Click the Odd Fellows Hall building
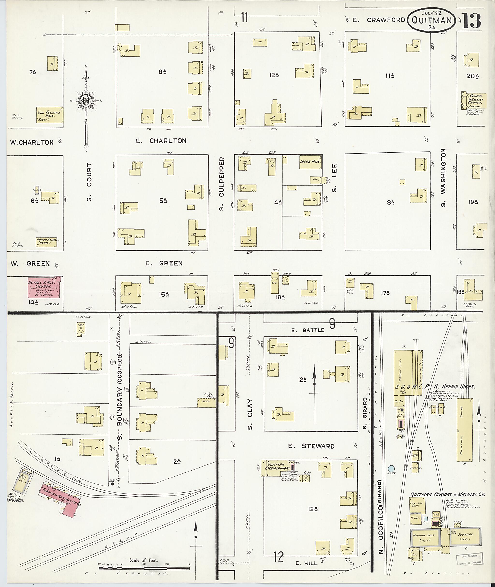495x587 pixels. pyautogui.click(x=49, y=115)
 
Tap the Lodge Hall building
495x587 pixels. pyautogui.click(x=310, y=162)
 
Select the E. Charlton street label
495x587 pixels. pyautogui.click(x=161, y=141)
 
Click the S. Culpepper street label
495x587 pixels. pyautogui.click(x=221, y=184)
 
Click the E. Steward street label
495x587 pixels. pyautogui.click(x=311, y=446)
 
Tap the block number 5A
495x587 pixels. pyautogui.click(x=163, y=200)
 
